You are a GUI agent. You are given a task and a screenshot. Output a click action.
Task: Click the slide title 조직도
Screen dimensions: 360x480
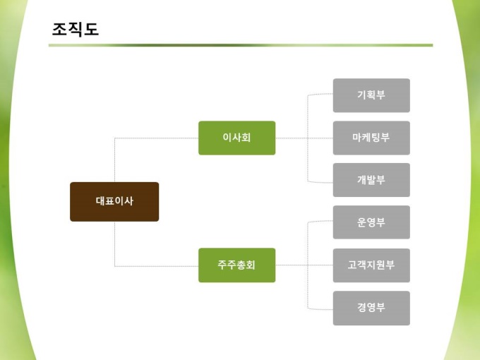point(76,29)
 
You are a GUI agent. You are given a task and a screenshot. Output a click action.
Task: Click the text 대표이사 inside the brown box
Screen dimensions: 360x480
point(114,201)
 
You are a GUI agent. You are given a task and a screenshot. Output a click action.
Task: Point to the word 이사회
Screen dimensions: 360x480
point(236,138)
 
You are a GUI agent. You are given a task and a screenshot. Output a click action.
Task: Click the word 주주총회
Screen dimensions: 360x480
point(236,265)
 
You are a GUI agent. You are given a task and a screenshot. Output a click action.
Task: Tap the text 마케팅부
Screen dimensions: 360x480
point(371,138)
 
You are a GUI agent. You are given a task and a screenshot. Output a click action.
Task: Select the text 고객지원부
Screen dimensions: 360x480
point(371,265)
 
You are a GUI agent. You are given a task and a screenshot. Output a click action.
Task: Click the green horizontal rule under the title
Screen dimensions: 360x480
point(240,45)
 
